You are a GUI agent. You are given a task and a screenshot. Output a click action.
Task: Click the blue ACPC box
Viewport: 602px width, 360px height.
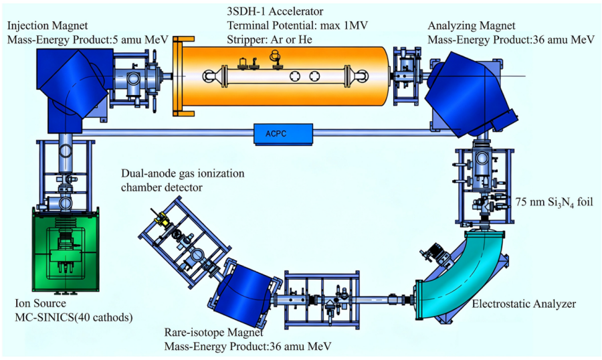tap(284, 134)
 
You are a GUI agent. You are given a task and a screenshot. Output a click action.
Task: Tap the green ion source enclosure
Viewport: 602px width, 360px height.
tap(66, 250)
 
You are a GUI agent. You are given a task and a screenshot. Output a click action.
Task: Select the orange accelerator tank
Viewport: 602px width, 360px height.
tap(284, 76)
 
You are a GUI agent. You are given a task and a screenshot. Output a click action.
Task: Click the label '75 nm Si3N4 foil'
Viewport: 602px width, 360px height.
tap(554, 201)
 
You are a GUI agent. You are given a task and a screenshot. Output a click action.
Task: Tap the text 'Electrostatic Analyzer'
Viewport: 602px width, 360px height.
tap(524, 304)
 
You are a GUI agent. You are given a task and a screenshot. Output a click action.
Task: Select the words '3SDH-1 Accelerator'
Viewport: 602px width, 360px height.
tap(276, 11)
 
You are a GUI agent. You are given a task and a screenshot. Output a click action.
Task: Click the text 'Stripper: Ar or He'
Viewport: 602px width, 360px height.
tap(270, 39)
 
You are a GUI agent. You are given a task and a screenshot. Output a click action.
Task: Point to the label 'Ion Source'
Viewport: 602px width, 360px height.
tap(40, 303)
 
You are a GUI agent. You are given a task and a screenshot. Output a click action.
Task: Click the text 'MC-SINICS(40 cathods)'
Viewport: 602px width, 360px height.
tap(74, 318)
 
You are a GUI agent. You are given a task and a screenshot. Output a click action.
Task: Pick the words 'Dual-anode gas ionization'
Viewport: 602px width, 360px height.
tap(183, 173)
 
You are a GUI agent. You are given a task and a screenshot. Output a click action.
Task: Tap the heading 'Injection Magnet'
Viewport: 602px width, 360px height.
tap(47, 25)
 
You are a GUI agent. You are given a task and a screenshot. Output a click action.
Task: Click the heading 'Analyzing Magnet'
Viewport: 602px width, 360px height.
tap(472, 25)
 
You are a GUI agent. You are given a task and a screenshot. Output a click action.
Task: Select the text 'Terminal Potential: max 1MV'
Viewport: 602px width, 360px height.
tap(298, 25)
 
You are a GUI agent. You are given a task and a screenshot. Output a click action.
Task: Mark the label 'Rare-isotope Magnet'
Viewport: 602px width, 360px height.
tap(214, 333)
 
